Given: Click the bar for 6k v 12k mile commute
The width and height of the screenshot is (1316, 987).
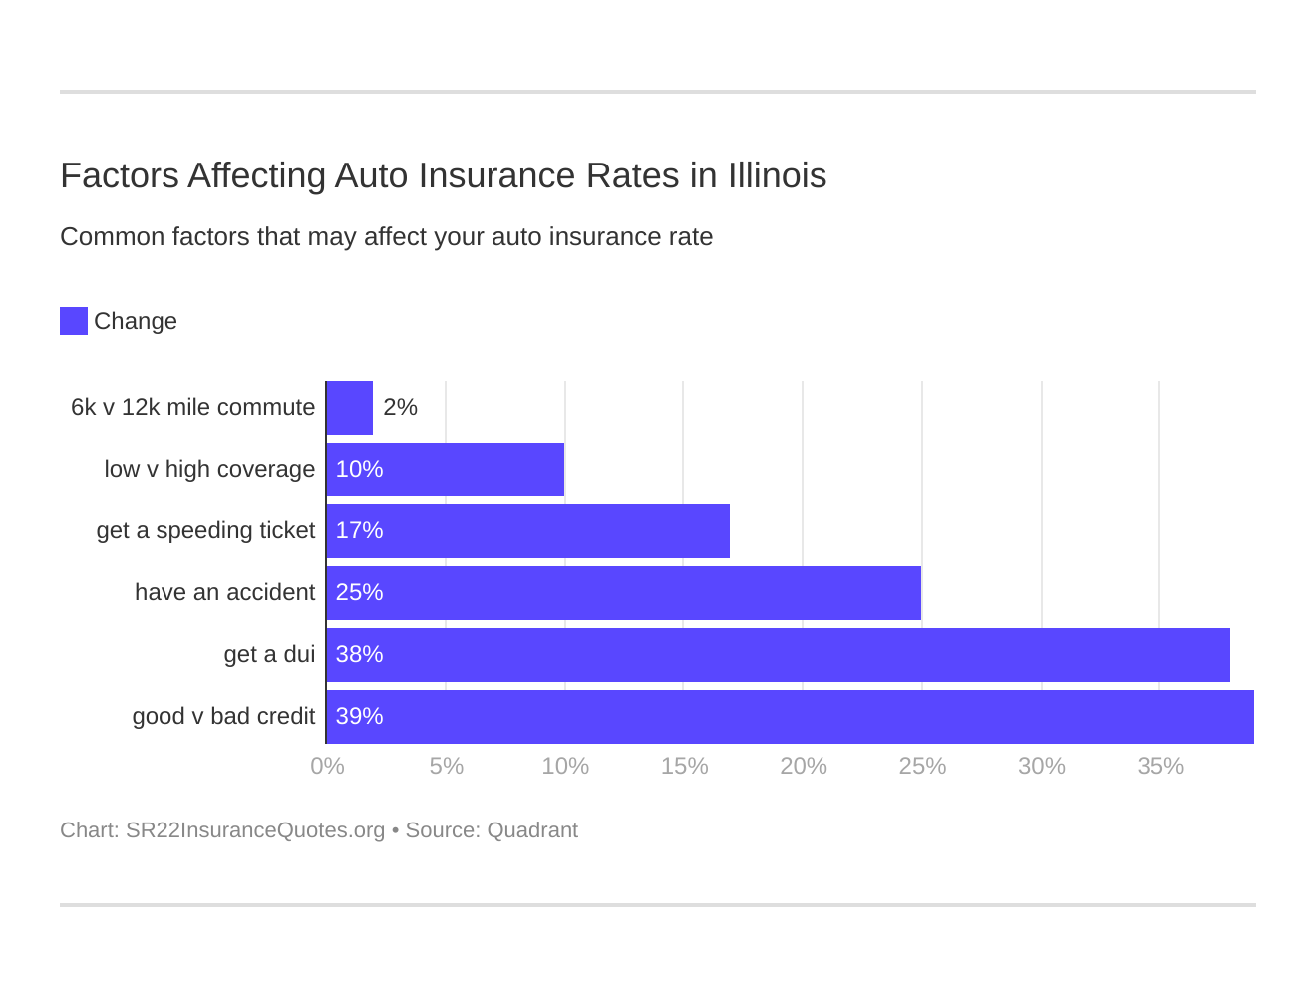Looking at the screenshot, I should click(350, 408).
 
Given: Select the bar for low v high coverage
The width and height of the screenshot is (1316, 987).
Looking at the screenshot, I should click(446, 470).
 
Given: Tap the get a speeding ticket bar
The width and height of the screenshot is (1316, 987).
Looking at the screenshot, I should click(528, 531).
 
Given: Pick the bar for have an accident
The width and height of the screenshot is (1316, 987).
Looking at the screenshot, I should click(624, 593).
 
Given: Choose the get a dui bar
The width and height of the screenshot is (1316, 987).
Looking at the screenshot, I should click(779, 655).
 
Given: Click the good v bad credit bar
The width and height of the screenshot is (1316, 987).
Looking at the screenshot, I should click(791, 717).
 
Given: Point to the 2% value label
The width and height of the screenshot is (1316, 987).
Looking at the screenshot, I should click(400, 408).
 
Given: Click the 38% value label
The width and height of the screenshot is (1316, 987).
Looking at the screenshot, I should click(359, 655).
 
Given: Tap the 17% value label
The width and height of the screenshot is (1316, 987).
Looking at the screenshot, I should click(359, 531).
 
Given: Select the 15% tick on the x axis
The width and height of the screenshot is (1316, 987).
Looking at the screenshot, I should click(684, 766).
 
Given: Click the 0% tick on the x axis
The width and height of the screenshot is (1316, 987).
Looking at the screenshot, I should click(327, 766).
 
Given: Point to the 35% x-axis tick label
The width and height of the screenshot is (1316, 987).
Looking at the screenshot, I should click(1160, 766).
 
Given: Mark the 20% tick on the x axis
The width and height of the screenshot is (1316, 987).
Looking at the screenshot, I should click(804, 766).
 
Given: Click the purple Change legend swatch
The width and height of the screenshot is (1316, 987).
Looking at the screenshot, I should click(74, 321).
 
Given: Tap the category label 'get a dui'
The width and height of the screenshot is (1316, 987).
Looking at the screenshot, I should click(269, 655).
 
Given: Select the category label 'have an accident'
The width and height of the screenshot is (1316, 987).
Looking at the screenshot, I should click(224, 593).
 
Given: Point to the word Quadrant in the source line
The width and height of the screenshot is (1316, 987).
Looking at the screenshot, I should click(532, 830).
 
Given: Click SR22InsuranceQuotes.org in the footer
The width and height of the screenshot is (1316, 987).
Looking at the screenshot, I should click(254, 830).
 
